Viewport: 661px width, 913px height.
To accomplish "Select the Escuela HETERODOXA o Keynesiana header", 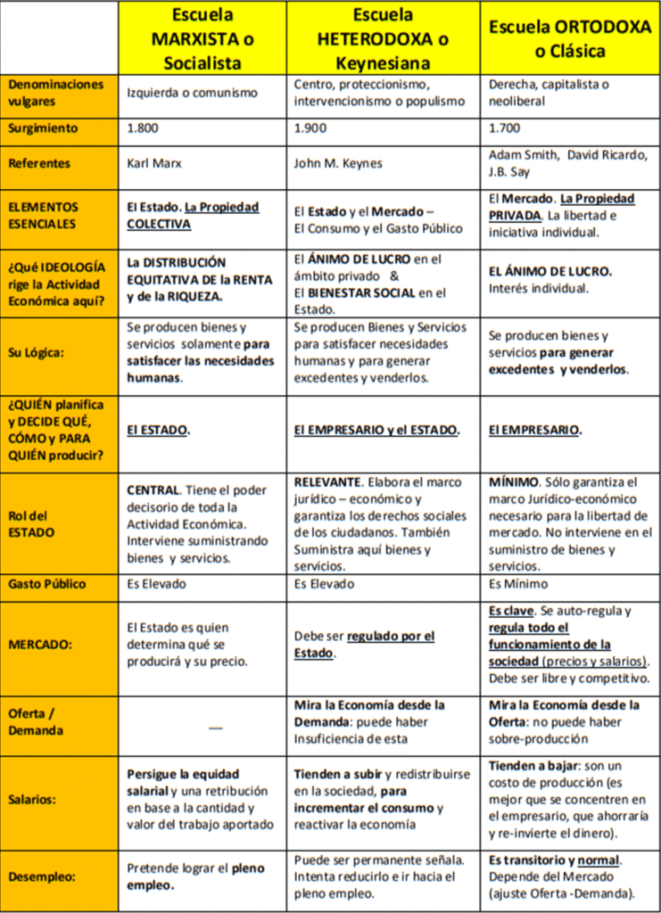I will point(383,39).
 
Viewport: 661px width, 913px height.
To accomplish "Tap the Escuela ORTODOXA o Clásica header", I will point(570,39).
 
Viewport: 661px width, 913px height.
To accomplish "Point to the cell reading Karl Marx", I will point(156,164).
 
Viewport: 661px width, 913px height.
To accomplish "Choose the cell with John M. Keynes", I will point(338,164).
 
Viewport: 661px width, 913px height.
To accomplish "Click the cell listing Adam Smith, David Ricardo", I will point(568,163).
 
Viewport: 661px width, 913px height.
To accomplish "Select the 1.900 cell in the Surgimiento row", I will point(311,128).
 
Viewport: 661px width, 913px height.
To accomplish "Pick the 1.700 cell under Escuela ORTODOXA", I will point(505,128).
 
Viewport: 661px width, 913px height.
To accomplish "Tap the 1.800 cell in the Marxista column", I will point(145,128).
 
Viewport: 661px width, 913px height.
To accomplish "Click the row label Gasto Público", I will point(47,584).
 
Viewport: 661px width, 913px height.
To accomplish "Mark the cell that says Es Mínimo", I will point(518,584).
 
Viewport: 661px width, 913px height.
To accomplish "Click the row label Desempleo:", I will point(43,876).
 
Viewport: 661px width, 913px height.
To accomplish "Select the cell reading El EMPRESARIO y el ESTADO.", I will point(377,430).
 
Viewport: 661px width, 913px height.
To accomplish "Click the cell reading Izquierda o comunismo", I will point(192,93).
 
